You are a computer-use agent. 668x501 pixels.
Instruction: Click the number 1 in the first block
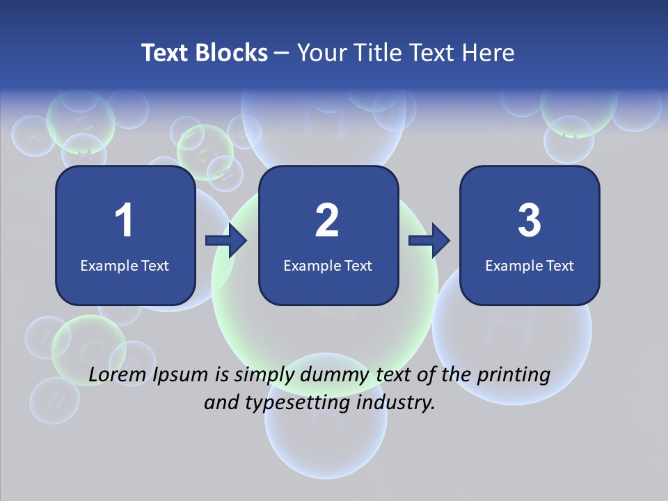pyautogui.click(x=124, y=221)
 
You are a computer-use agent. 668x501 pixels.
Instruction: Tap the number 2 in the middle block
pyautogui.click(x=327, y=221)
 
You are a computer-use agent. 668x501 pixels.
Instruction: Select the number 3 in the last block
pyautogui.click(x=530, y=221)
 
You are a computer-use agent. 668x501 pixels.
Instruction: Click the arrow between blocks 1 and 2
pyautogui.click(x=227, y=241)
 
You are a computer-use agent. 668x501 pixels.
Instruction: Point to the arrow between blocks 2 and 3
pyautogui.click(x=429, y=241)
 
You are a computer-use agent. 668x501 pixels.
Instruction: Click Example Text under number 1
pyautogui.click(x=125, y=265)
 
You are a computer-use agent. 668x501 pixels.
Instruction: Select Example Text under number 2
pyautogui.click(x=328, y=265)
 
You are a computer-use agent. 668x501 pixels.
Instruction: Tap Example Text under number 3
pyautogui.click(x=530, y=265)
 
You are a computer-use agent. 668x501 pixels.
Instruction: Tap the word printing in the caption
pyautogui.click(x=514, y=376)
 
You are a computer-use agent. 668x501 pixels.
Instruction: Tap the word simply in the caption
pyautogui.click(x=264, y=376)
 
